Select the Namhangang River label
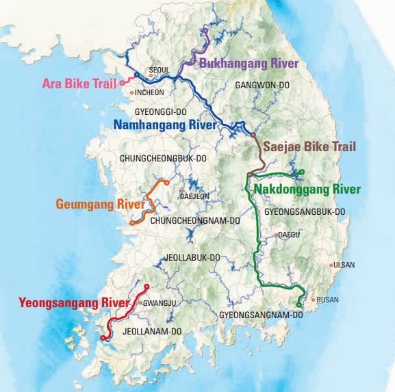165,125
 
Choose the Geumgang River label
100,204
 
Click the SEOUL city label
158,70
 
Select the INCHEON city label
149,92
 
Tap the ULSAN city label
344,265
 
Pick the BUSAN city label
328,300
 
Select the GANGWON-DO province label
264,86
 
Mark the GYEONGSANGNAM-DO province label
261,315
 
